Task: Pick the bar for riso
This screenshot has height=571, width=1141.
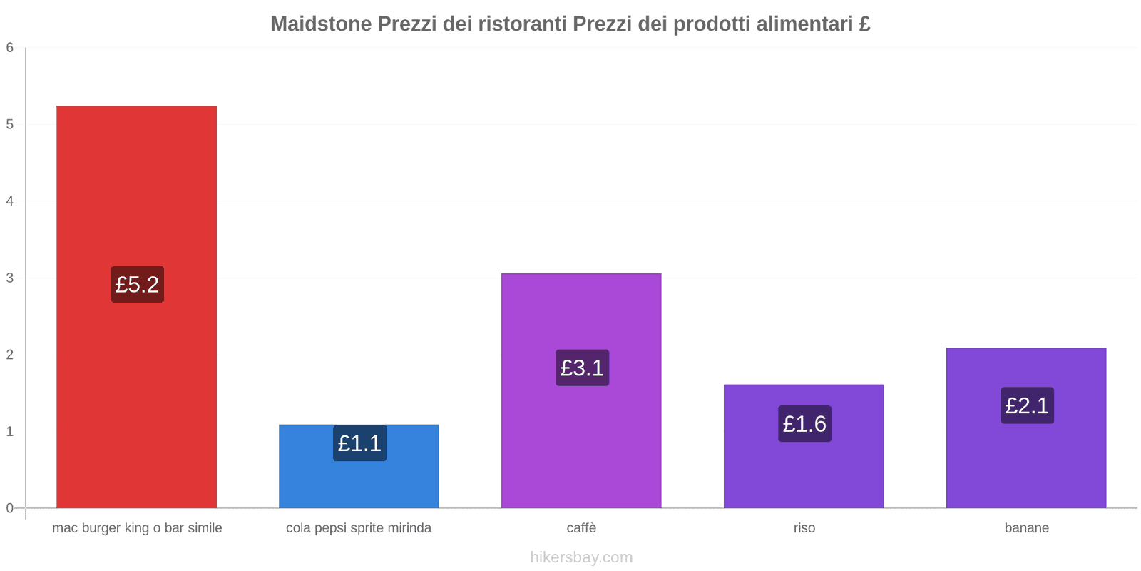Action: pyautogui.click(x=804, y=471)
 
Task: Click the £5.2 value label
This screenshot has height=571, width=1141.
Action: pyautogui.click(x=137, y=284)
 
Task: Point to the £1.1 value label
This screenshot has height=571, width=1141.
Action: pyautogui.click(x=359, y=443)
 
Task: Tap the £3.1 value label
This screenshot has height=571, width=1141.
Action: pyautogui.click(x=582, y=368)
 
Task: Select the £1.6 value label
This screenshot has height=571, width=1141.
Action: pyautogui.click(x=804, y=424)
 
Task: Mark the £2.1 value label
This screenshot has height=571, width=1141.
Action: pyautogui.click(x=1027, y=405)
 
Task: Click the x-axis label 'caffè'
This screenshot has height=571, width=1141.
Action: pyautogui.click(x=581, y=528)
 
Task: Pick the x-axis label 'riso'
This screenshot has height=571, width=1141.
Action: pyautogui.click(x=804, y=528)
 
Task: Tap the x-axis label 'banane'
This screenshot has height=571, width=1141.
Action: pyautogui.click(x=1026, y=528)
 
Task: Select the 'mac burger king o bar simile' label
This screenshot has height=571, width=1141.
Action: pyautogui.click(x=137, y=528)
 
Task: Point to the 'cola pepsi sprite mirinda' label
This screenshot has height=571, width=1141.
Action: pyautogui.click(x=359, y=528)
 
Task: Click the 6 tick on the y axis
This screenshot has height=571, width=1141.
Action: pyautogui.click(x=10, y=48)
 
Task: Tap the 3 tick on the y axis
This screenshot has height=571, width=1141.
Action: pyautogui.click(x=10, y=278)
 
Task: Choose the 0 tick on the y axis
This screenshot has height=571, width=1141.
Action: pyautogui.click(x=10, y=508)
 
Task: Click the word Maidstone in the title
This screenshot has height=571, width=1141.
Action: pyautogui.click(x=321, y=24)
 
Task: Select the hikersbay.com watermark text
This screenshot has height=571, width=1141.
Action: pyautogui.click(x=581, y=557)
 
